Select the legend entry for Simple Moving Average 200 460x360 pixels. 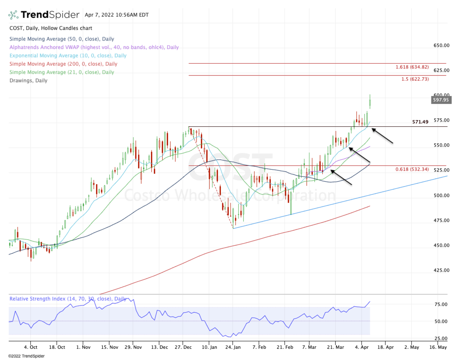pyautogui.click(x=63, y=64)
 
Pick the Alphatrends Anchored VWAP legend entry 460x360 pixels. pyautogui.click(x=94, y=47)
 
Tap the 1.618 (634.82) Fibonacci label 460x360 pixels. pyautogui.click(x=412, y=67)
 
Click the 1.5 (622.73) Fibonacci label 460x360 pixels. pyautogui.click(x=415, y=79)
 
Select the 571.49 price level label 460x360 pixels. pyautogui.click(x=420, y=122)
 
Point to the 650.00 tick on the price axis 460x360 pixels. pyautogui.click(x=441, y=46)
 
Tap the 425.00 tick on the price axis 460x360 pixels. pyautogui.click(x=441, y=270)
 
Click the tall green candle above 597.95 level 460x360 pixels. pyautogui.click(x=370, y=102)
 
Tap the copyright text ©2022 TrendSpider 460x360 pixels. pyautogui.click(x=26, y=356)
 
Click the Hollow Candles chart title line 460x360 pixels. pyautogui.click(x=51, y=28)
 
